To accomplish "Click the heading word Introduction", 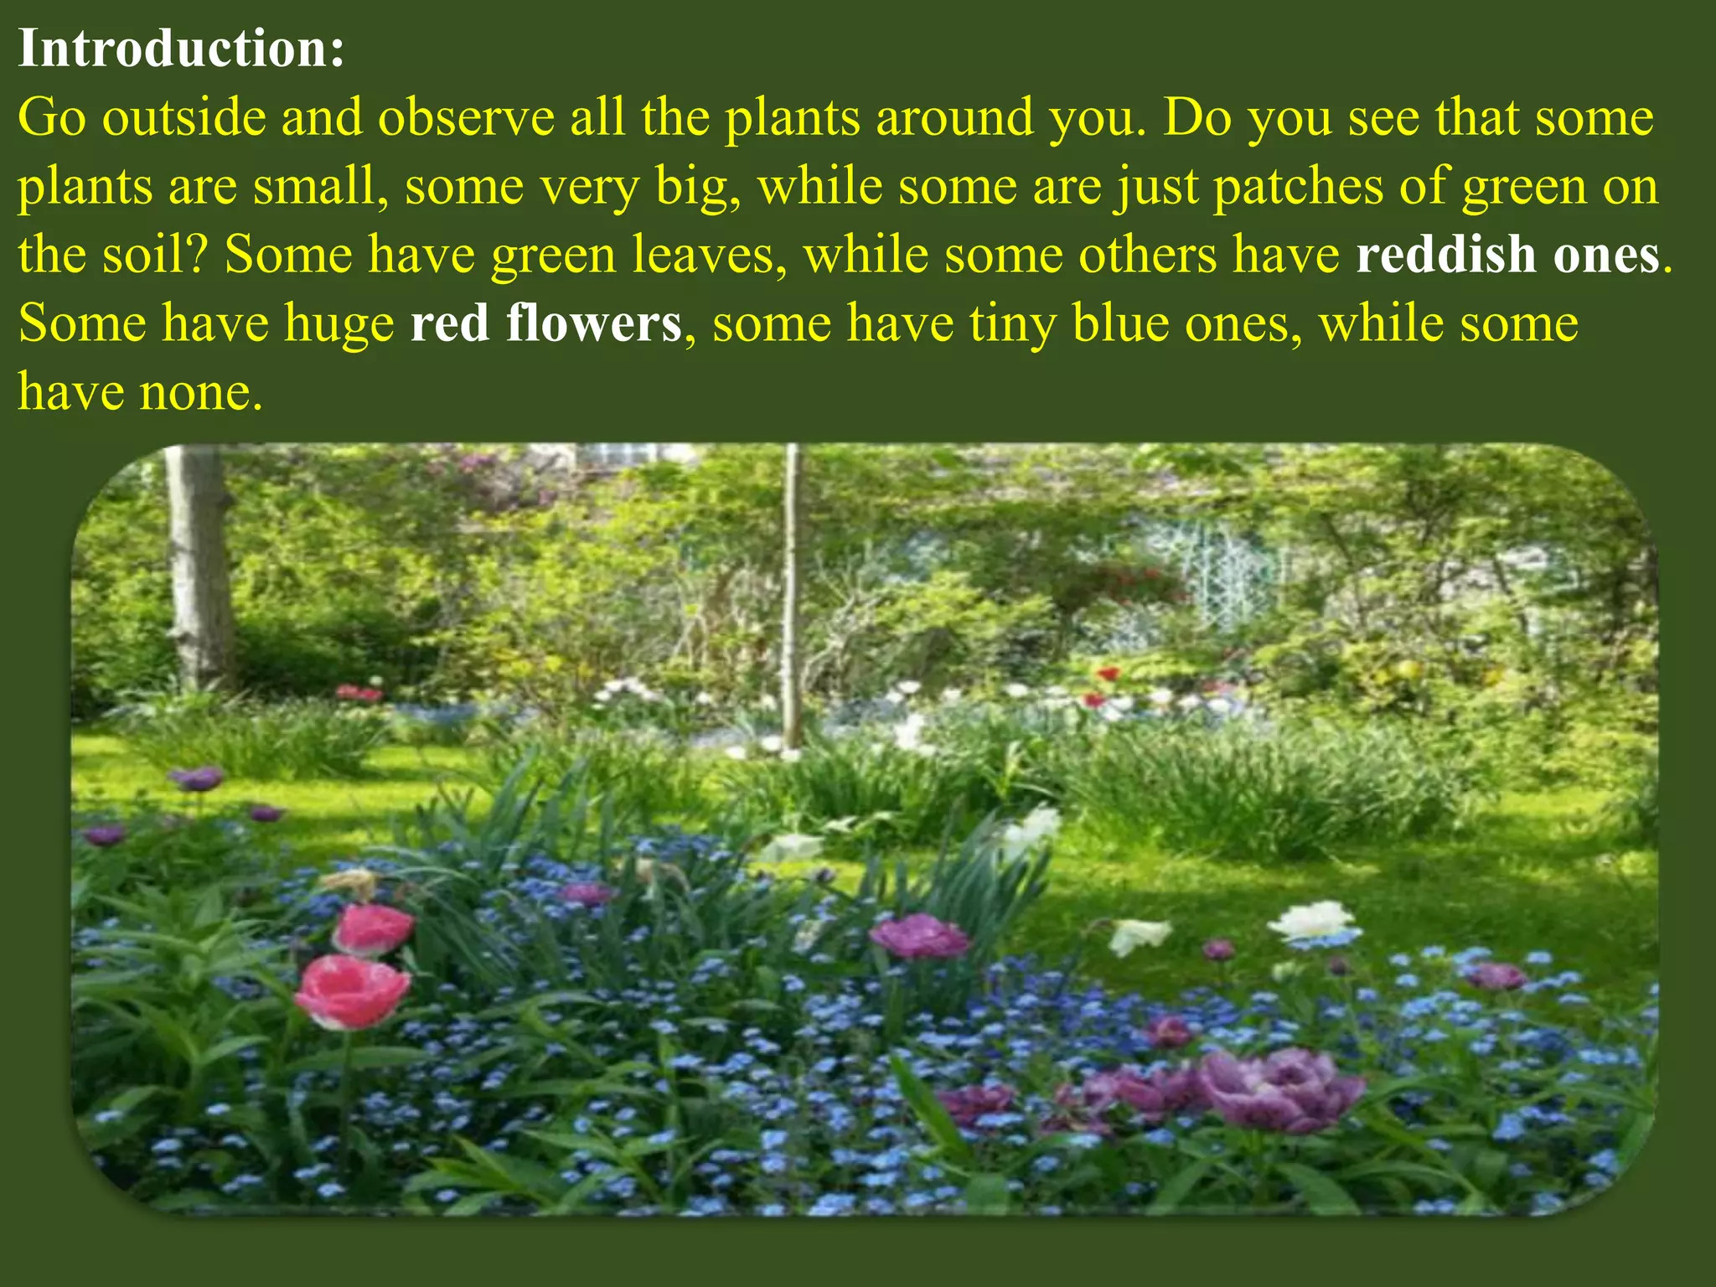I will point(180,49).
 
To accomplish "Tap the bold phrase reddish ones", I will point(1507,255).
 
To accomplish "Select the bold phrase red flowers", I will point(545,323).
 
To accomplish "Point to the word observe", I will point(466,117).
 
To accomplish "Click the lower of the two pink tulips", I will point(352,992).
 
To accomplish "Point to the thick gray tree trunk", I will point(198,570).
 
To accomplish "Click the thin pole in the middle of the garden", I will point(790,595).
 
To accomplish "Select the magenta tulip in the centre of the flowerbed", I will point(919,936).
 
